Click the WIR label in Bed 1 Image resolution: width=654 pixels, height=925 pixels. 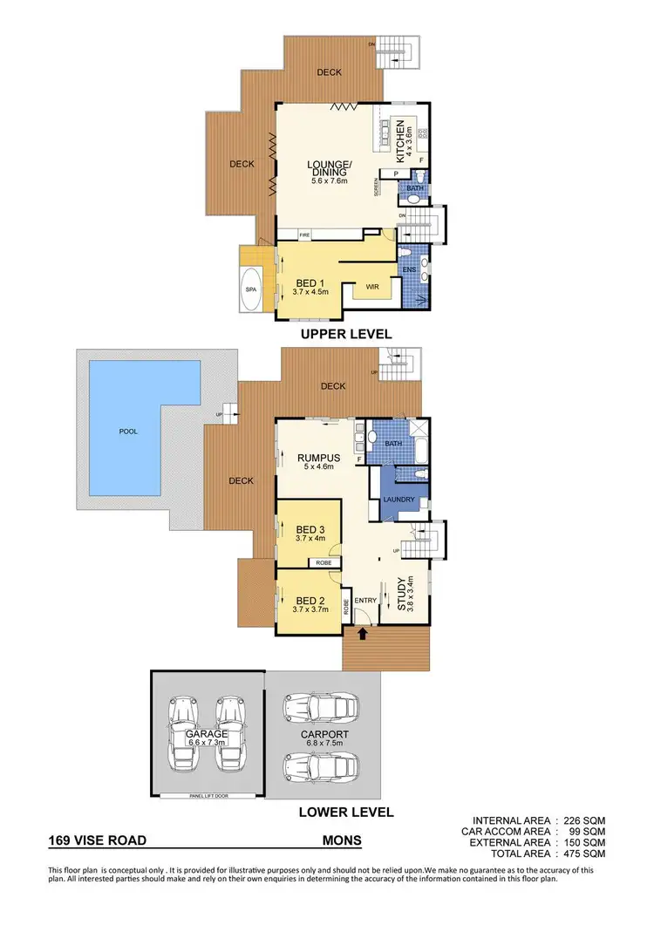(x=372, y=286)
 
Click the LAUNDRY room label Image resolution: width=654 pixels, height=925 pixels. (x=398, y=499)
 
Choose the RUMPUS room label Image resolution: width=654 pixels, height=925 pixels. (x=311, y=456)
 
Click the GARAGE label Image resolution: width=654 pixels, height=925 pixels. (x=206, y=734)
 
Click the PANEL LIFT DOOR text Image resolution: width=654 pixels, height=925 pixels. (x=207, y=796)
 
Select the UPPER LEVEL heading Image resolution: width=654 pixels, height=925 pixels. (x=346, y=334)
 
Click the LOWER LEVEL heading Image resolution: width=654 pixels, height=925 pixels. (x=347, y=812)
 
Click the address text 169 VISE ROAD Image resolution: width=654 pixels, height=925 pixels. (x=98, y=842)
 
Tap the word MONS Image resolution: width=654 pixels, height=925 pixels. (x=341, y=842)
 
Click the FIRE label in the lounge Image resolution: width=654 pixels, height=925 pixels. (x=305, y=235)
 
